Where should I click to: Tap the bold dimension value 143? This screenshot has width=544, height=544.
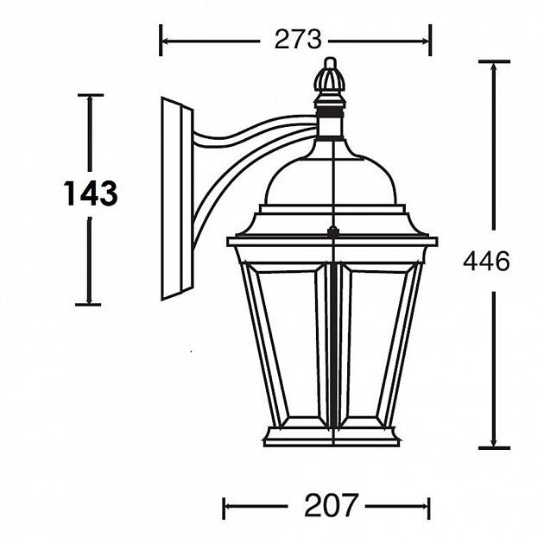click(90, 193)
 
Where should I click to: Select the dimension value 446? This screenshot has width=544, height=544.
click(486, 261)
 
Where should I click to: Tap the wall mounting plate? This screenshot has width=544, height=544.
click(176, 199)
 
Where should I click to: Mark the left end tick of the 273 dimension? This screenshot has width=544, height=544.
click(161, 40)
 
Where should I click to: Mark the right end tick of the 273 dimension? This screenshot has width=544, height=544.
click(429, 40)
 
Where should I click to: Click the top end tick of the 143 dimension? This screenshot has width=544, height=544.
click(89, 95)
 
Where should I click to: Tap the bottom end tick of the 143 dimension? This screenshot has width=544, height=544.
click(89, 304)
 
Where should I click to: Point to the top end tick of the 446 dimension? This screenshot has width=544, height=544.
click(493, 61)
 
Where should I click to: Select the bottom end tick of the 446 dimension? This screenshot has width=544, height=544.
click(493, 447)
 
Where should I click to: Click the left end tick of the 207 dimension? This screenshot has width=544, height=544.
click(225, 506)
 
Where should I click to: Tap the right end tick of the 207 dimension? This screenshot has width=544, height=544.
click(429, 506)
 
